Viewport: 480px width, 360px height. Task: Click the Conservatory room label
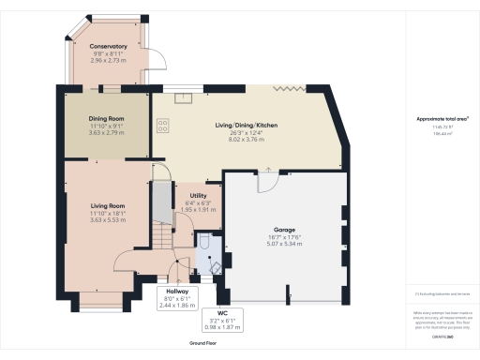[x=109, y=46]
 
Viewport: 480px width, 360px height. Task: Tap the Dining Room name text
[x=106, y=119]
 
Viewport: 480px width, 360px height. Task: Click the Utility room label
[x=198, y=195]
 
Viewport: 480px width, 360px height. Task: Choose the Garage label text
[x=285, y=228]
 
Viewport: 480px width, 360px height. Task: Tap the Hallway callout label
[x=176, y=292]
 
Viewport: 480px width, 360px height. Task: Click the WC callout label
[x=222, y=313]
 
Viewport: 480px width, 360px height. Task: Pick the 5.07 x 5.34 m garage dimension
[x=285, y=243]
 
